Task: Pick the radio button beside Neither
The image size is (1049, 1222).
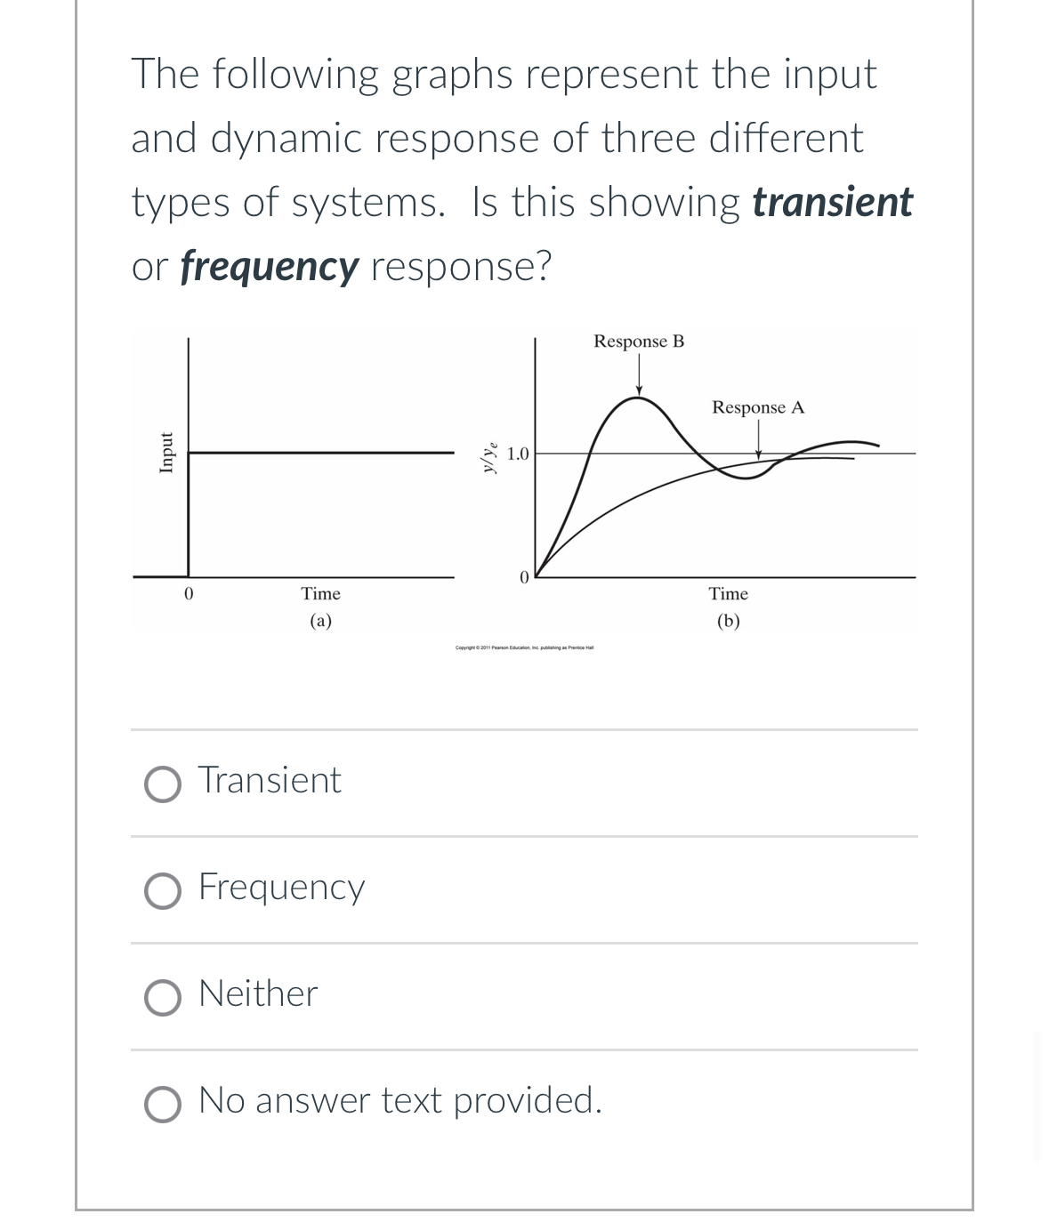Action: pyautogui.click(x=162, y=997)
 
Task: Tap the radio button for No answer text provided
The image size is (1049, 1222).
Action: pyautogui.click(x=162, y=1104)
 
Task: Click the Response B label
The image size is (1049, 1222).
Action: pyautogui.click(x=639, y=342)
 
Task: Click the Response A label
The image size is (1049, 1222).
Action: pyautogui.click(x=758, y=407)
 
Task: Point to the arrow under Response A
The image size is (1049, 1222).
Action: pyautogui.click(x=758, y=440)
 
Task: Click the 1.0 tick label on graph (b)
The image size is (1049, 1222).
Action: pyautogui.click(x=518, y=454)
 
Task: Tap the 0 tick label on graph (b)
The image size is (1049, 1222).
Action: pyautogui.click(x=524, y=577)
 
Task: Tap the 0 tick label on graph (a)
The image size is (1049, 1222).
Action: pyautogui.click(x=188, y=593)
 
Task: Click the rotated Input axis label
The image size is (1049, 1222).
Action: pyautogui.click(x=165, y=453)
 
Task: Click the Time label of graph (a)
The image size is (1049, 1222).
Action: pyautogui.click(x=320, y=593)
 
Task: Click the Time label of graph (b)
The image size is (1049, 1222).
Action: pyautogui.click(x=728, y=593)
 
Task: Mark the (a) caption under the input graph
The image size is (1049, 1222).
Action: pyautogui.click(x=320, y=621)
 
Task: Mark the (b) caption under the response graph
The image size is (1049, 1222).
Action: pyautogui.click(x=728, y=621)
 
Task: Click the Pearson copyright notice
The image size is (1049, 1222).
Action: pyautogui.click(x=524, y=647)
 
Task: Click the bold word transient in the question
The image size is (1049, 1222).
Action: pyautogui.click(x=832, y=202)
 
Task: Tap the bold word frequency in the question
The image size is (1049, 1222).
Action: pyautogui.click(x=270, y=266)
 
